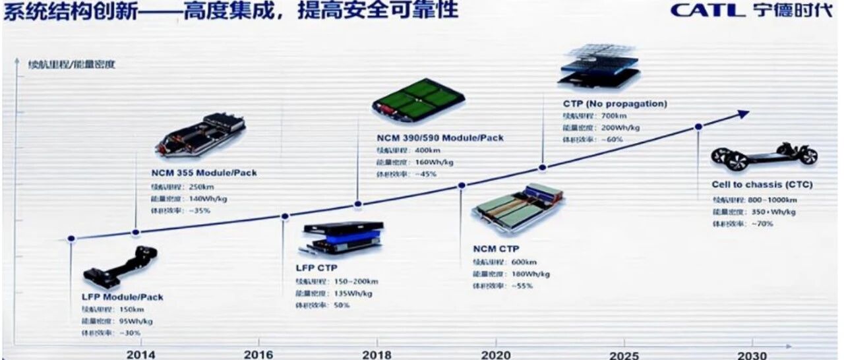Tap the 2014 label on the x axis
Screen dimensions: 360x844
point(140,355)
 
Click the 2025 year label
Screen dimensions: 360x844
point(623,355)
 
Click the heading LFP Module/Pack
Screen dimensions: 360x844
point(122,297)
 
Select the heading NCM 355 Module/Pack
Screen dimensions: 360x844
point(204,173)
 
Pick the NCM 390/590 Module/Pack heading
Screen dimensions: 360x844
point(440,138)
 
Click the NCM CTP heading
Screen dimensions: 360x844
point(496,249)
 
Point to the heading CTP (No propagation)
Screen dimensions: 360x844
point(615,104)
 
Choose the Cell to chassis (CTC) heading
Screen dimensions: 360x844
point(762,185)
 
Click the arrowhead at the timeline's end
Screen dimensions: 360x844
point(744,114)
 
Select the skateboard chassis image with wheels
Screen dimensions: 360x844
point(764,156)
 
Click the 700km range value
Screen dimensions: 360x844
point(607,115)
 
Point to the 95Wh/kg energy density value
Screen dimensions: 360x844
point(135,321)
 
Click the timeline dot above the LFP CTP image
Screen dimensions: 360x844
point(286,216)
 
